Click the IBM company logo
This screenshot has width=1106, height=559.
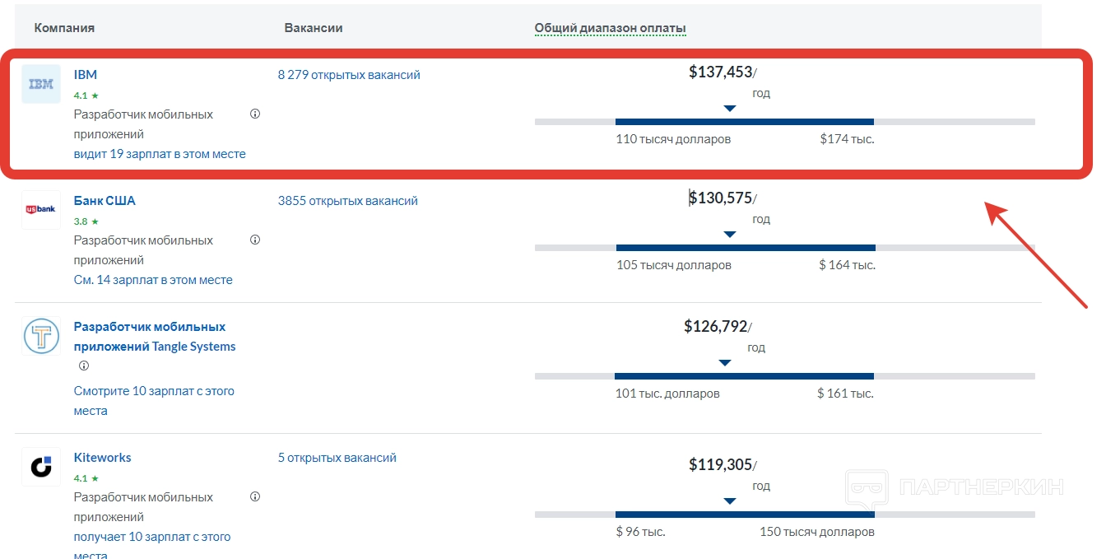point(41,84)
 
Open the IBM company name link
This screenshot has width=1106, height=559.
point(86,75)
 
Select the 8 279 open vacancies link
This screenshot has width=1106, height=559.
point(349,75)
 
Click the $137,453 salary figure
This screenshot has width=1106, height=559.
point(721,72)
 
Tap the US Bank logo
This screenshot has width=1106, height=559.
point(41,210)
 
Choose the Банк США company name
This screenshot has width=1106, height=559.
point(105,201)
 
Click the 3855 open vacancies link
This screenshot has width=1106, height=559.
point(348,201)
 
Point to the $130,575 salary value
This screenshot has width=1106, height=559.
point(721,198)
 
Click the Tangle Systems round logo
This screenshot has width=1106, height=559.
point(41,336)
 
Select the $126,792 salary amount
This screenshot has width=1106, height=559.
point(716,327)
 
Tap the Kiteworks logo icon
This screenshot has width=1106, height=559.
point(41,467)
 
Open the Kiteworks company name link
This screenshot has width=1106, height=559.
point(103,458)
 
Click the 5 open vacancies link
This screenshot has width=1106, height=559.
point(337,458)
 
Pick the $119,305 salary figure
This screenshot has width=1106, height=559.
point(721,465)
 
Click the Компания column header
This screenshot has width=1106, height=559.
point(64,28)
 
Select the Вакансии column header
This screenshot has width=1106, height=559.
point(314,28)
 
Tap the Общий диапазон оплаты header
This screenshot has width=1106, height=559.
point(611,29)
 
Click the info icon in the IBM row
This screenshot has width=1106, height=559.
point(255,114)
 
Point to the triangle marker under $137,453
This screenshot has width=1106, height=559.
point(729,109)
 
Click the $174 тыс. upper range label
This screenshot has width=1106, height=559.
point(847,139)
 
